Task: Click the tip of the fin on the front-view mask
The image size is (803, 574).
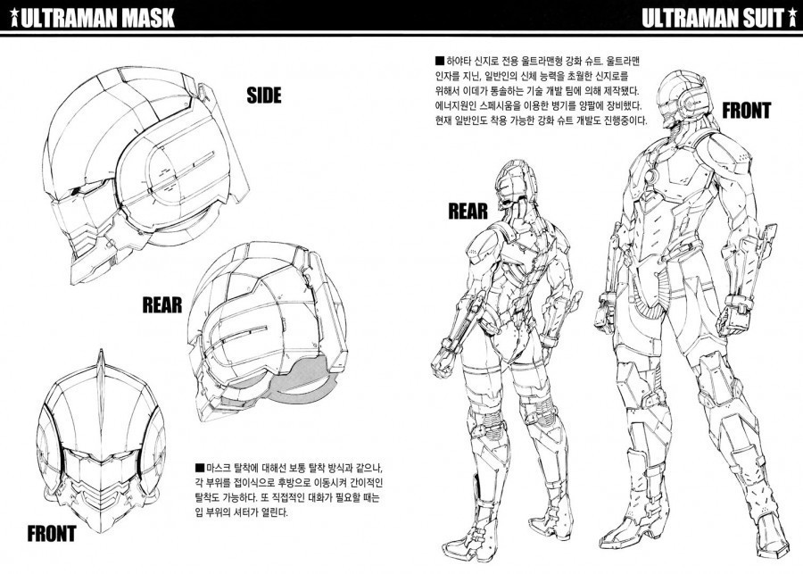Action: click(x=102, y=350)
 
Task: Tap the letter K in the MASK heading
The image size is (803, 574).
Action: click(x=165, y=18)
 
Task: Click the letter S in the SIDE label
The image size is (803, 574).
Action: click(x=252, y=96)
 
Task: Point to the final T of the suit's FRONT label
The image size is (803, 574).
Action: click(x=766, y=111)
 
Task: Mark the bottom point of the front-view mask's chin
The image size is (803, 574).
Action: click(x=101, y=531)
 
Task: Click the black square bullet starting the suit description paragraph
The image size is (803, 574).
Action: click(x=439, y=62)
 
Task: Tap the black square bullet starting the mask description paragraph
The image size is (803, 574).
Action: click(x=200, y=468)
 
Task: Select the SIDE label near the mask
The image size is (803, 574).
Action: click(x=264, y=96)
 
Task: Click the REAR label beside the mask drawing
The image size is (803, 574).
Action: click(x=162, y=305)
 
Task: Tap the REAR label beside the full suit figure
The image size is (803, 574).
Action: click(x=468, y=211)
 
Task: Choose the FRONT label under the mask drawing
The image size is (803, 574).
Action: click(x=52, y=534)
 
